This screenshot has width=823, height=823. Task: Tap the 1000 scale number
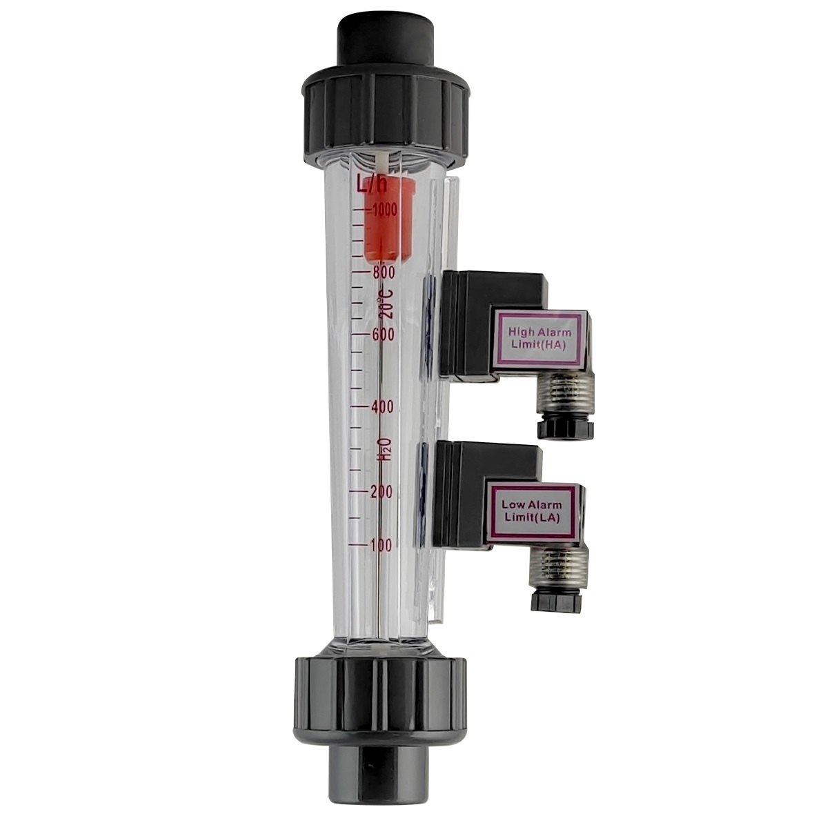[x=384, y=210]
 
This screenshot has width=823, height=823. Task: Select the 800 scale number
[x=384, y=272]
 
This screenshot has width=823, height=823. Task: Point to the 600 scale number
[x=383, y=335]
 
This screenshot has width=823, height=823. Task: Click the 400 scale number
[x=382, y=407]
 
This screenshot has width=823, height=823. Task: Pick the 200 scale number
[x=381, y=493]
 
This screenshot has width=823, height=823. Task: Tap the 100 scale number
[x=381, y=546]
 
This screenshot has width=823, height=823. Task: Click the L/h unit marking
[x=372, y=184]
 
